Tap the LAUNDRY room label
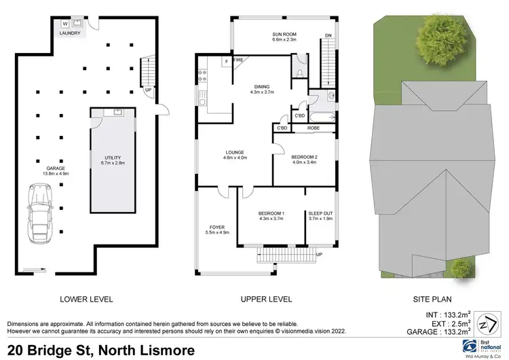click(x=71, y=33)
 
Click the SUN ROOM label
click(x=275, y=35)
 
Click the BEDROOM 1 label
click(x=271, y=217)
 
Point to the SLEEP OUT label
click(x=320, y=217)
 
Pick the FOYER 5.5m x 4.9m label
click(x=216, y=229)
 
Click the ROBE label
click(x=314, y=128)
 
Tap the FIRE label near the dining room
click(x=238, y=60)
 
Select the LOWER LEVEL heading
click(x=87, y=299)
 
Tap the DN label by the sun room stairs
click(x=328, y=35)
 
